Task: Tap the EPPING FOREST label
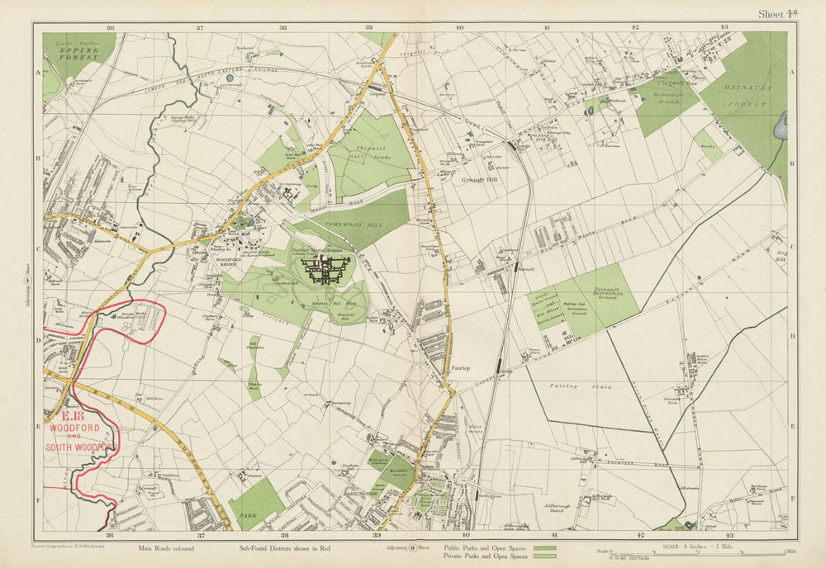(x=78, y=50)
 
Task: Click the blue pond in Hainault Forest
(x=781, y=125)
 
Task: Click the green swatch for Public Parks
(x=544, y=547)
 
